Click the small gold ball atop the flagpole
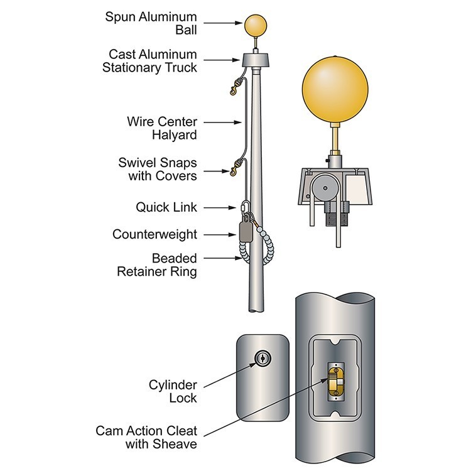point(255,25)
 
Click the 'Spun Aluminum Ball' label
point(150,23)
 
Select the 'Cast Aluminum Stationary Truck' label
point(149,61)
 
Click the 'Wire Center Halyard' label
point(161,127)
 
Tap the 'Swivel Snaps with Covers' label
point(158,170)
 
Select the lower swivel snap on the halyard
point(236,167)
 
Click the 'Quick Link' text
point(166,207)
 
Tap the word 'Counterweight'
point(154,234)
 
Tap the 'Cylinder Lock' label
point(173,391)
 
